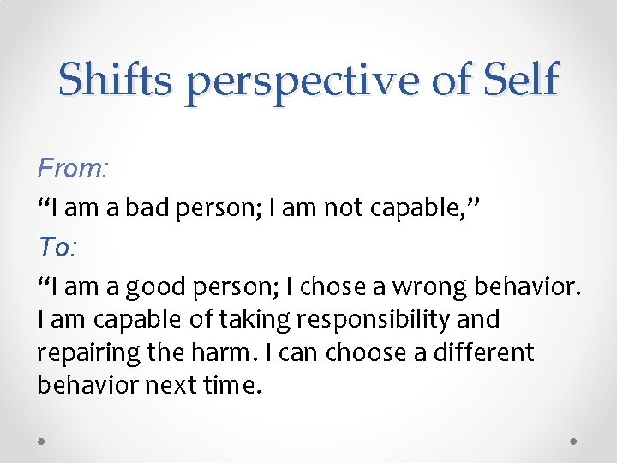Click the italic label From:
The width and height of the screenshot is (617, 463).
(x=72, y=169)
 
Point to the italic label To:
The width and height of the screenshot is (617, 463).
(x=57, y=248)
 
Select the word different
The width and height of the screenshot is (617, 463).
(x=485, y=352)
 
